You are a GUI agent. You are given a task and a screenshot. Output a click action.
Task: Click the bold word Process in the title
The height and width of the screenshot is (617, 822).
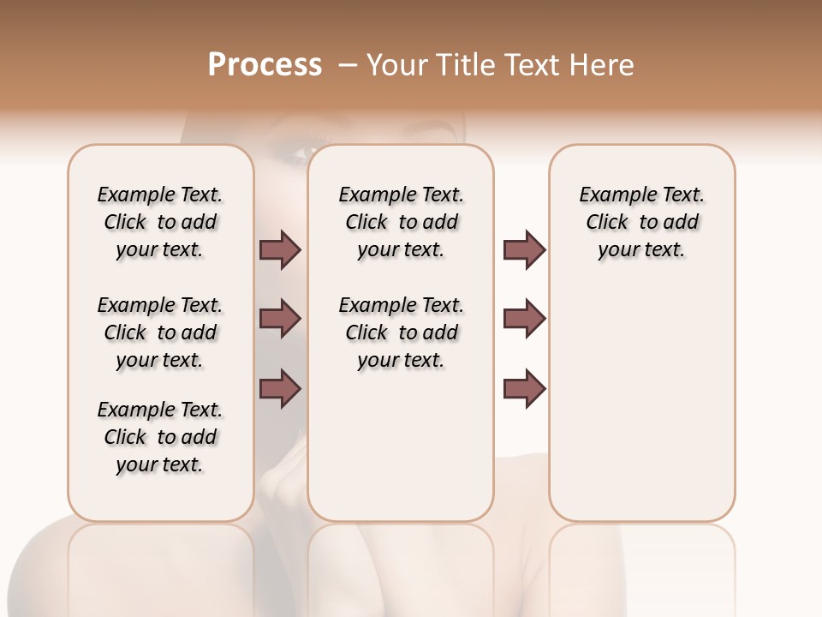pyautogui.click(x=265, y=65)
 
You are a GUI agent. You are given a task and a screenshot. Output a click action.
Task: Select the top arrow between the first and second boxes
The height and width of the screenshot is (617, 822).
pyautogui.click(x=280, y=250)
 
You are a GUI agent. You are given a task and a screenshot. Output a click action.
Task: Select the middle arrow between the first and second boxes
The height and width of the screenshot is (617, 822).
pyautogui.click(x=280, y=319)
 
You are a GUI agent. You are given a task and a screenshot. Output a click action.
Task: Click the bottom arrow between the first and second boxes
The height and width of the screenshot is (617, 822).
pyautogui.click(x=280, y=388)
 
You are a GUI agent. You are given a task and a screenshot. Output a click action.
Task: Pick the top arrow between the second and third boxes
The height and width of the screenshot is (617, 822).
pyautogui.click(x=524, y=250)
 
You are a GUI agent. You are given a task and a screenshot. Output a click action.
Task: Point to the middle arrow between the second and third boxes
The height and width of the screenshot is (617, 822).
pyautogui.click(x=524, y=319)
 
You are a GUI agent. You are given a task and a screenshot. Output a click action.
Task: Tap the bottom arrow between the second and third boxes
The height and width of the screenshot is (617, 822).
pyautogui.click(x=524, y=388)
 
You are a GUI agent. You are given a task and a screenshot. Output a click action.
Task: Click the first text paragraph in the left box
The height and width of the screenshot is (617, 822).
pyautogui.click(x=160, y=222)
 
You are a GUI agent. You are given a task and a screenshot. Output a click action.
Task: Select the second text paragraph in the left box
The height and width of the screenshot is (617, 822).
pyautogui.click(x=160, y=332)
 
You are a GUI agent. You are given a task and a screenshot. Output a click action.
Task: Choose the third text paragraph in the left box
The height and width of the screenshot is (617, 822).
pyautogui.click(x=160, y=437)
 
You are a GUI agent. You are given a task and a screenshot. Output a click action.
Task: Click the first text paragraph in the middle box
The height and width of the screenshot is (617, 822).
pyautogui.click(x=401, y=222)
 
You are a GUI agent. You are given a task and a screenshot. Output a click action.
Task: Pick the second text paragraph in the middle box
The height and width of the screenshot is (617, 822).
pyautogui.click(x=401, y=332)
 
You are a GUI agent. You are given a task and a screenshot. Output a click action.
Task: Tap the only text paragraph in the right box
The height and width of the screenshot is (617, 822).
pyautogui.click(x=641, y=222)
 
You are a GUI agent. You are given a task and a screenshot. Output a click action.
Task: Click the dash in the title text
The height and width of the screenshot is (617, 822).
pyautogui.click(x=347, y=65)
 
